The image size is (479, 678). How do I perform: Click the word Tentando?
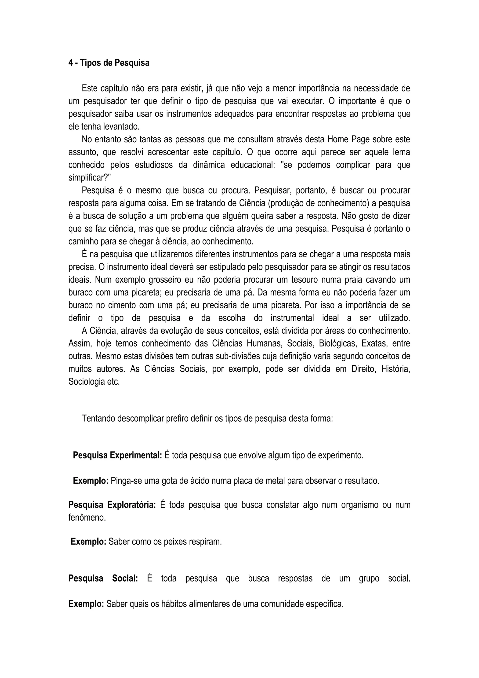pyautogui.click(x=98, y=419)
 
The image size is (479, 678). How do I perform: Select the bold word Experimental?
pyautogui.click(x=136, y=456)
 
